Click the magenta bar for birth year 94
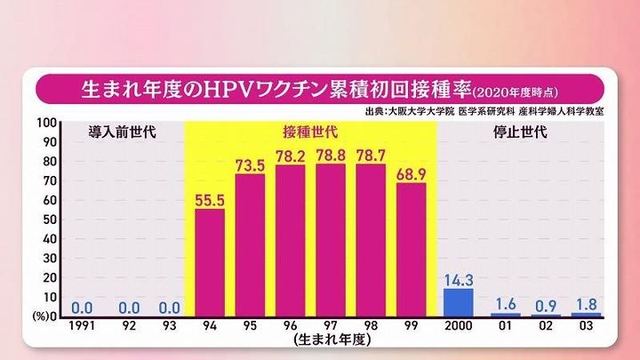tap(209, 263)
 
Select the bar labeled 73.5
tap(250, 245)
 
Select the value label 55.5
tap(209, 199)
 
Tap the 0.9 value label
tap(545, 306)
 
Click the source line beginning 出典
tap(484, 112)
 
